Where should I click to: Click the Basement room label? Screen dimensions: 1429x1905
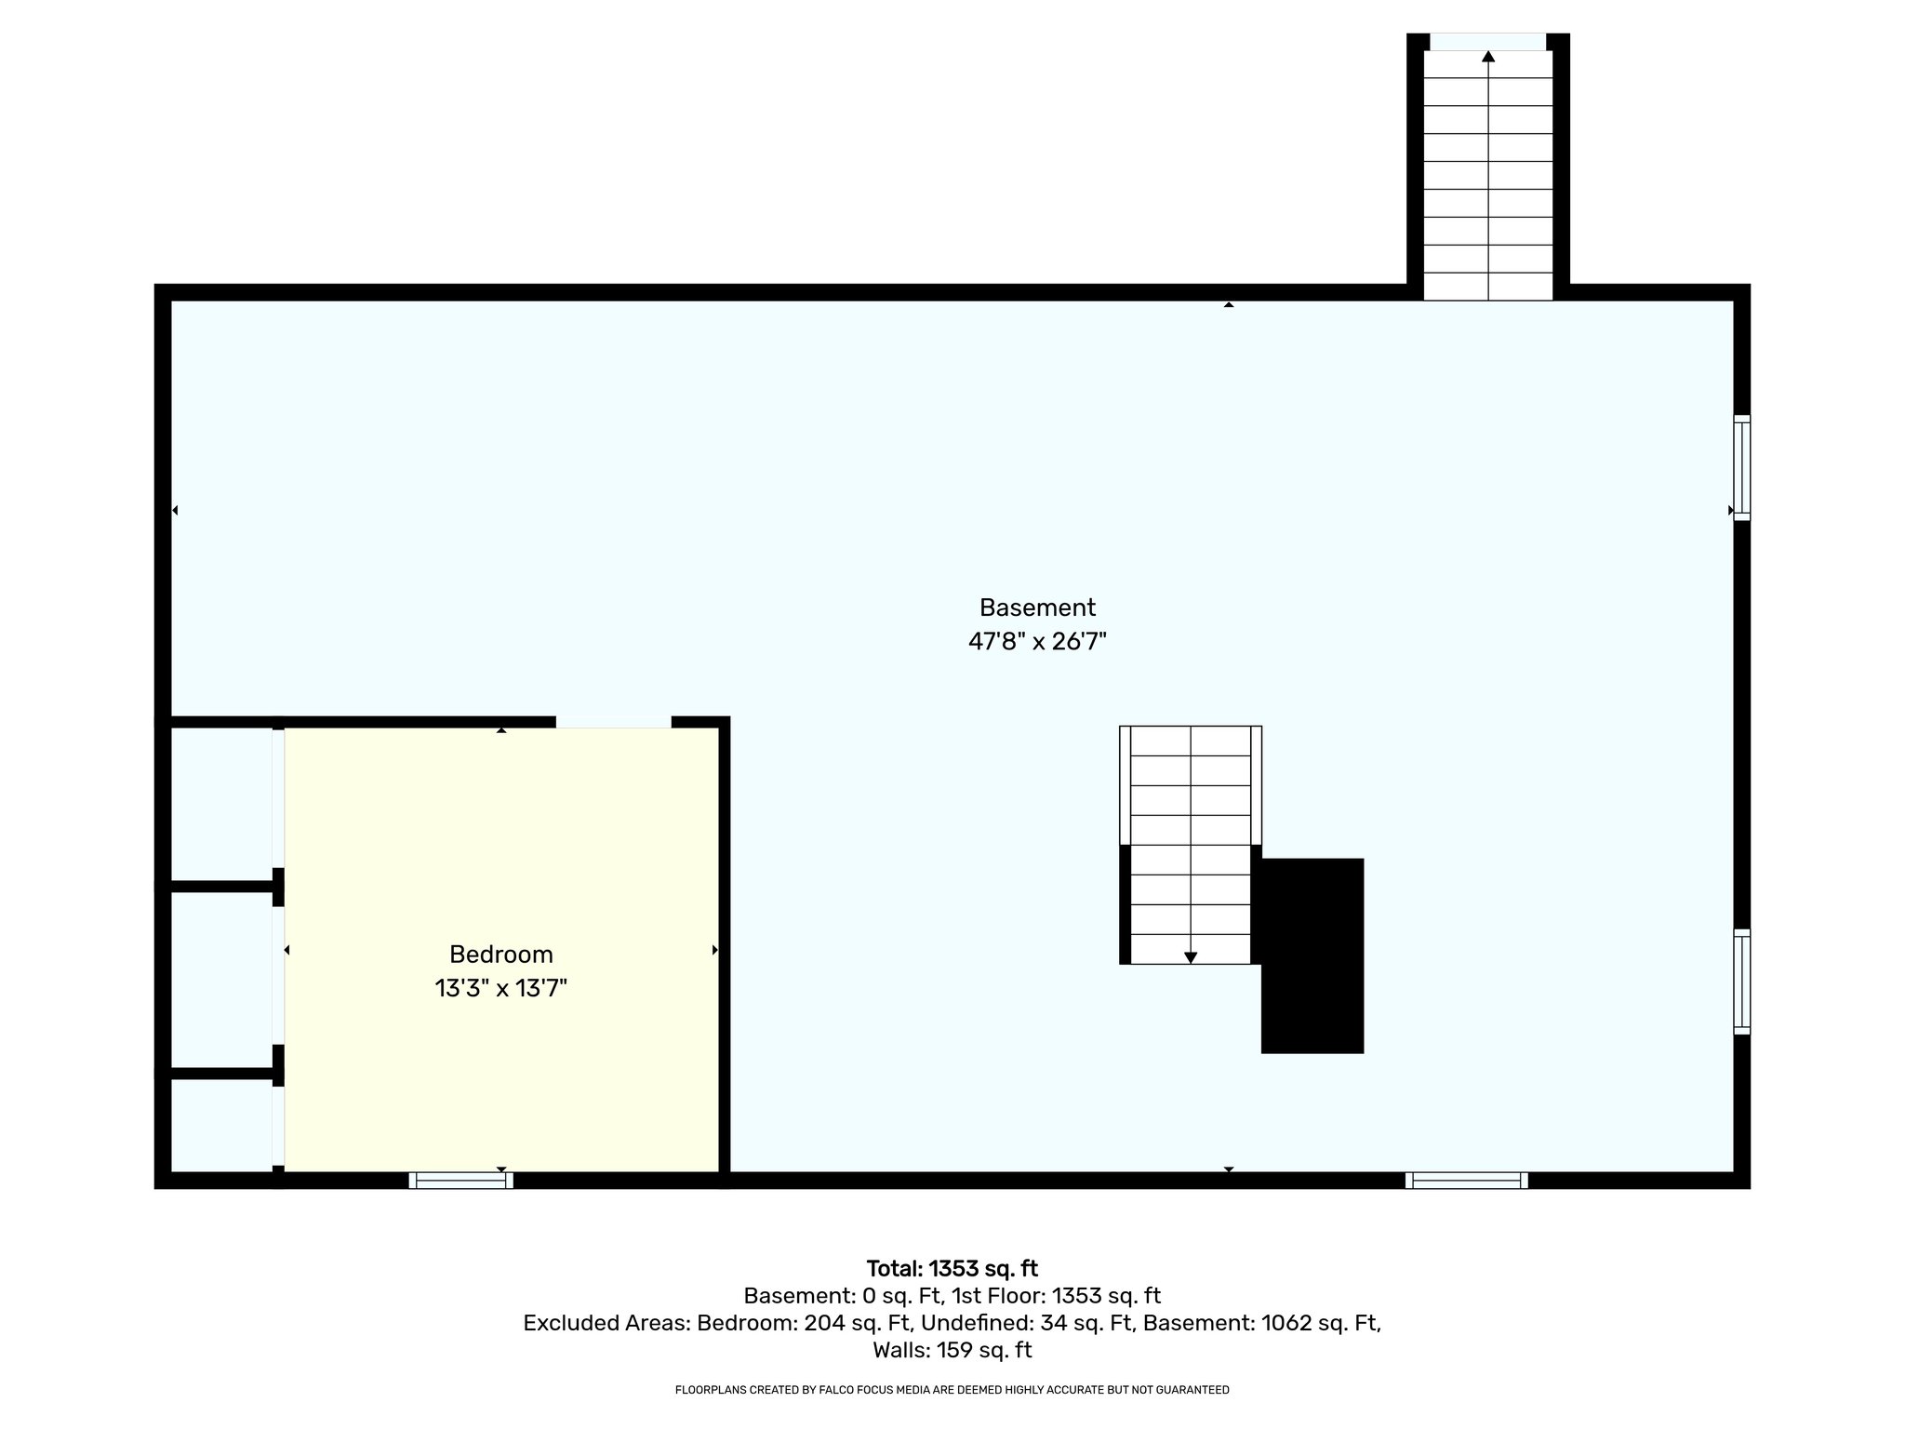pyautogui.click(x=1037, y=608)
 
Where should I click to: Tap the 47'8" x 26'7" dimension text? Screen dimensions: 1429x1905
pyautogui.click(x=1037, y=641)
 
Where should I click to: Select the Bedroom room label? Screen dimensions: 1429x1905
pyautogui.click(x=500, y=954)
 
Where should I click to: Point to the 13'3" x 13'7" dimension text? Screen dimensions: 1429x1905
pyautogui.click(x=500, y=987)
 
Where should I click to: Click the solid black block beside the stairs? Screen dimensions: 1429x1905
pyautogui.click(x=1312, y=955)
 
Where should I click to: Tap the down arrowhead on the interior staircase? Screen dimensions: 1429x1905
pyautogui.click(x=1190, y=957)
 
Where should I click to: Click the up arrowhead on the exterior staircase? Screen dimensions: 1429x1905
pyautogui.click(x=1487, y=57)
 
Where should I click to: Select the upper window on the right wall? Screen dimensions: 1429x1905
pyautogui.click(x=1741, y=467)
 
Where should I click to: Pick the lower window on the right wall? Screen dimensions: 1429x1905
pyautogui.click(x=1741, y=982)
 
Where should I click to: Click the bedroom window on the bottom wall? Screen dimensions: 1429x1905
pyautogui.click(x=460, y=1181)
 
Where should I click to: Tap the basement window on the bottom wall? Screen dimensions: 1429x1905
pyautogui.click(x=1466, y=1181)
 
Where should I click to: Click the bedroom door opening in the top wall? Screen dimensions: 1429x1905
pyautogui.click(x=613, y=721)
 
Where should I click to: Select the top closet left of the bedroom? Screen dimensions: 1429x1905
pyautogui.click(x=221, y=803)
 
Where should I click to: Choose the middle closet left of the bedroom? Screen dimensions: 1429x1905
pyautogui.click(x=221, y=979)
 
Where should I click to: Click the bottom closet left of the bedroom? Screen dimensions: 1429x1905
pyautogui.click(x=221, y=1124)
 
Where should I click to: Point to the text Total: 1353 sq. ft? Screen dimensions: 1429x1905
pyautogui.click(x=952, y=1269)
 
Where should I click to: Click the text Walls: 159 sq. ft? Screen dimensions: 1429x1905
pyautogui.click(x=952, y=1350)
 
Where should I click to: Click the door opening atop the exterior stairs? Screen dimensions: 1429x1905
pyautogui.click(x=1487, y=42)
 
